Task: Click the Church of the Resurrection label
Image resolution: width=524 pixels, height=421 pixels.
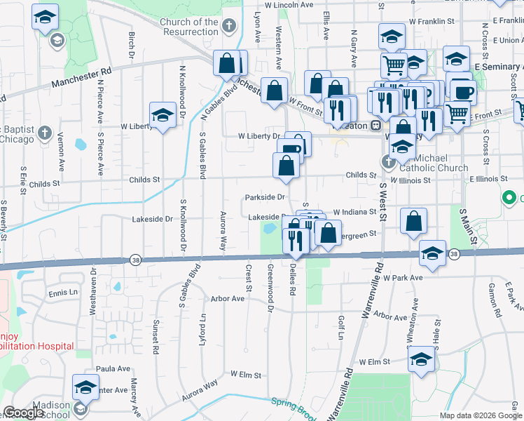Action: click(189, 27)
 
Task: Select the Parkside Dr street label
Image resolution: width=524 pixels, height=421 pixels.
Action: click(265, 197)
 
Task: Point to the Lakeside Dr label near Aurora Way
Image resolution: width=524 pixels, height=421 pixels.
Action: click(152, 219)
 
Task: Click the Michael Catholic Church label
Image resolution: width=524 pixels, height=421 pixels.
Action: click(433, 163)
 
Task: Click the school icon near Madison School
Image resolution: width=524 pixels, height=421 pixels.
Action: click(85, 388)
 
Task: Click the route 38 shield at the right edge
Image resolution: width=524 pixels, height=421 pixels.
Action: click(455, 253)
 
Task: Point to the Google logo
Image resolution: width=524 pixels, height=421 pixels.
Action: click(23, 413)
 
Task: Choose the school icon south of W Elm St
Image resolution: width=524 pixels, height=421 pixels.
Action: click(420, 361)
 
